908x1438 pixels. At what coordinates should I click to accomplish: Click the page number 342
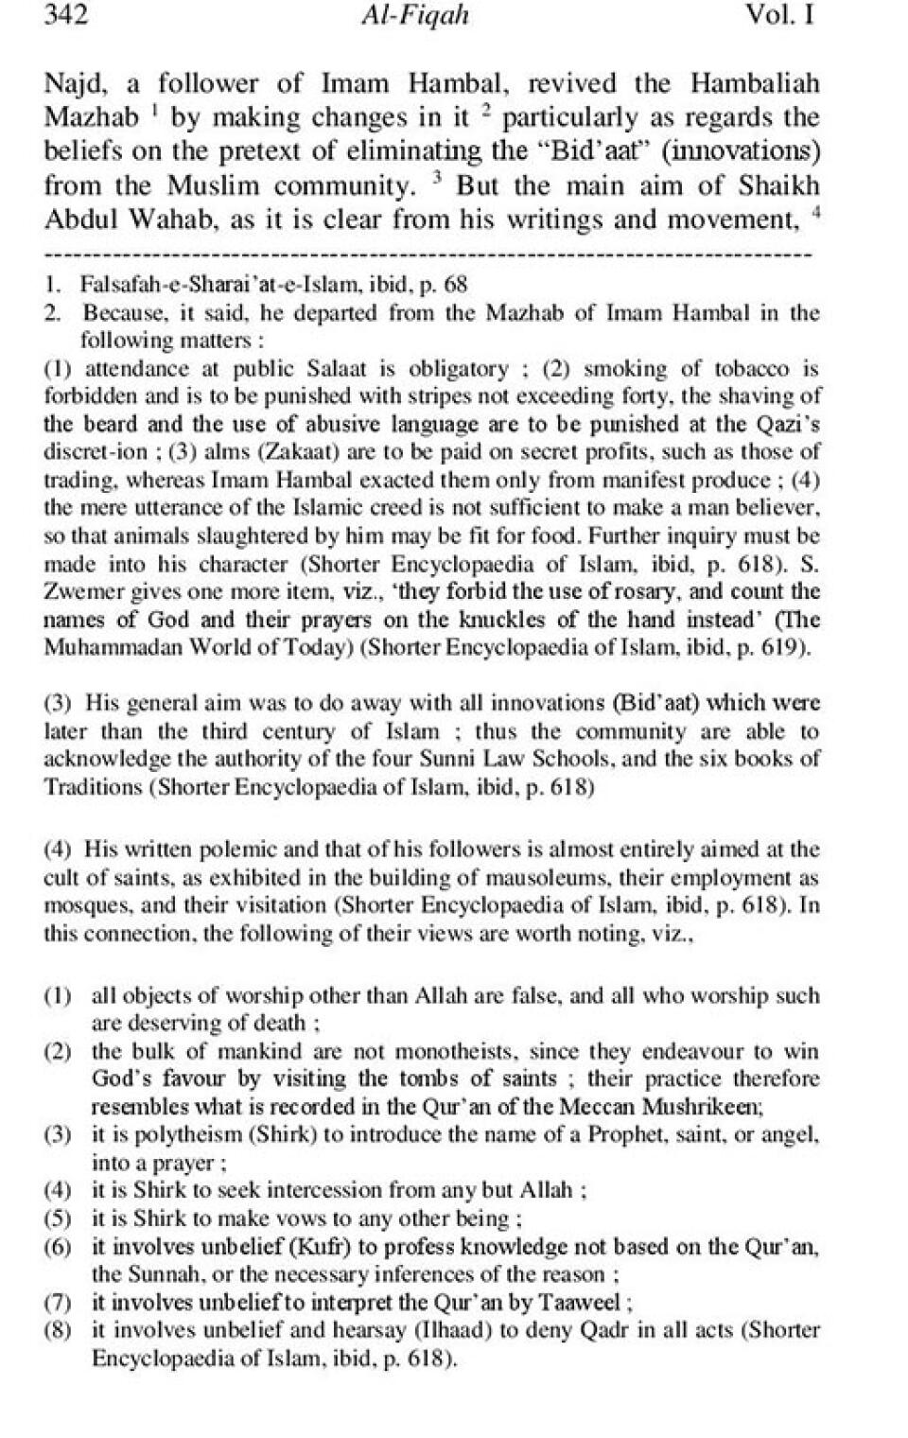pos(66,15)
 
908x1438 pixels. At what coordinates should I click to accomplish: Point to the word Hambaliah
pos(754,83)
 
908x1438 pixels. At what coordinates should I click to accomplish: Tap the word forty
pos(643,396)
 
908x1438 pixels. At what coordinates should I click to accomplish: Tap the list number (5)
pos(59,1219)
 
